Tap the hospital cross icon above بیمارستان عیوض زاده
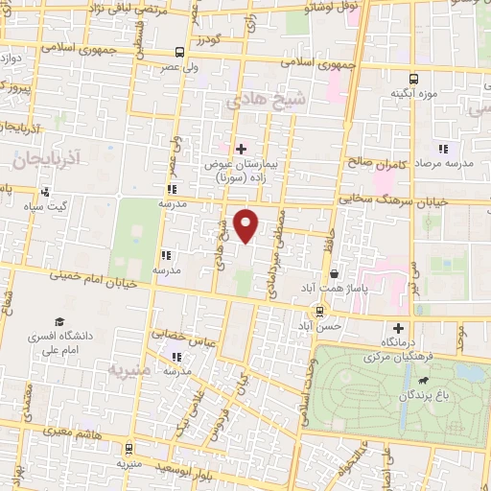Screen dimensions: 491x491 pos(241,149)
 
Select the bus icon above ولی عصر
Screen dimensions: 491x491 pos(180,53)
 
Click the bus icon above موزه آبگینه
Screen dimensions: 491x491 pos(413,78)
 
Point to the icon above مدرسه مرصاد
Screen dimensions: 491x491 pos(442,149)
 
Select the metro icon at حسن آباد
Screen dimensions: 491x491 pos(319,311)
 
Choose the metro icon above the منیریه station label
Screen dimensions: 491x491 pos(129,446)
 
